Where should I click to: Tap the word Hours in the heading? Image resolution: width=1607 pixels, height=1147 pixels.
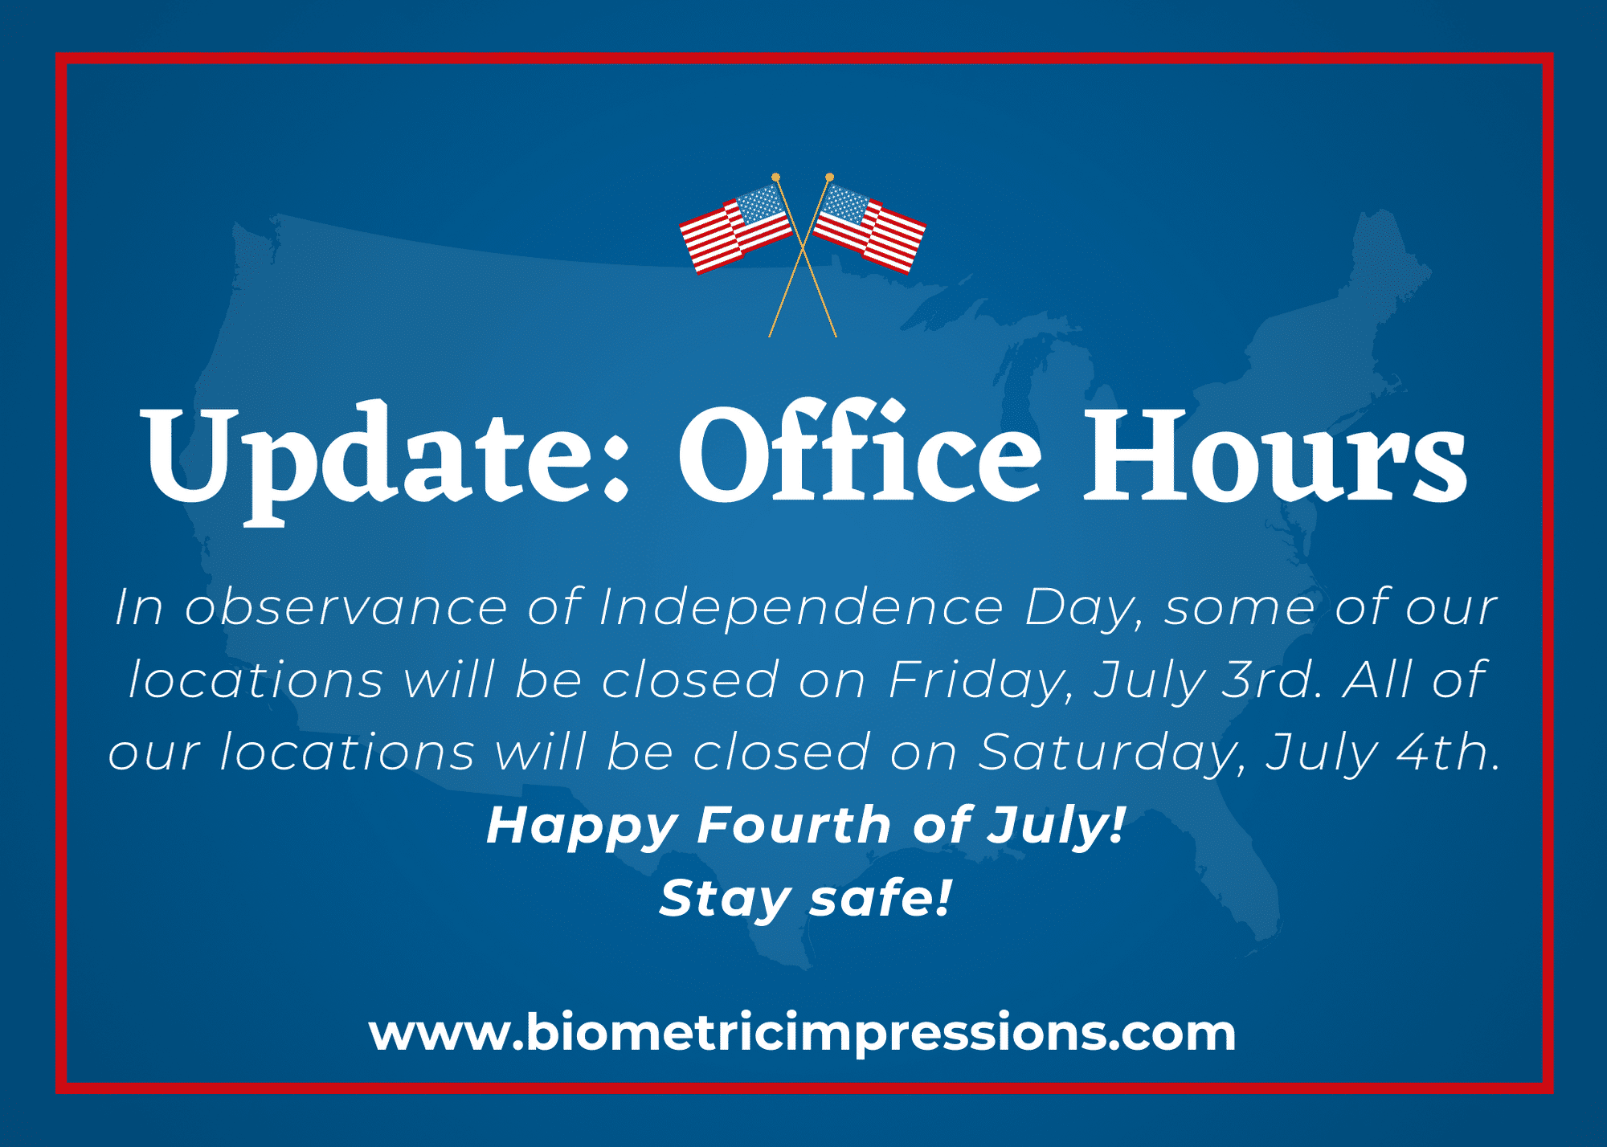(x=1275, y=456)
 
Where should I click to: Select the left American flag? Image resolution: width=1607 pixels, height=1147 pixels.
(x=736, y=228)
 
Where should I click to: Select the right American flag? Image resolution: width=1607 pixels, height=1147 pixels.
(x=869, y=228)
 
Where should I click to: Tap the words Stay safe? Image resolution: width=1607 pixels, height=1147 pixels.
(x=806, y=898)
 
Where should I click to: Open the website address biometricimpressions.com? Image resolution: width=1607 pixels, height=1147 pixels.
(x=802, y=1034)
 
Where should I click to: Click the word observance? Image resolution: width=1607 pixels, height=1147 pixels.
(x=346, y=606)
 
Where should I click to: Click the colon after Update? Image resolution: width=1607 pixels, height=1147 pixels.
(x=615, y=466)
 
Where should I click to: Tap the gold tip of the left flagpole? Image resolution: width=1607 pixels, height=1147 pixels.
(x=775, y=177)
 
